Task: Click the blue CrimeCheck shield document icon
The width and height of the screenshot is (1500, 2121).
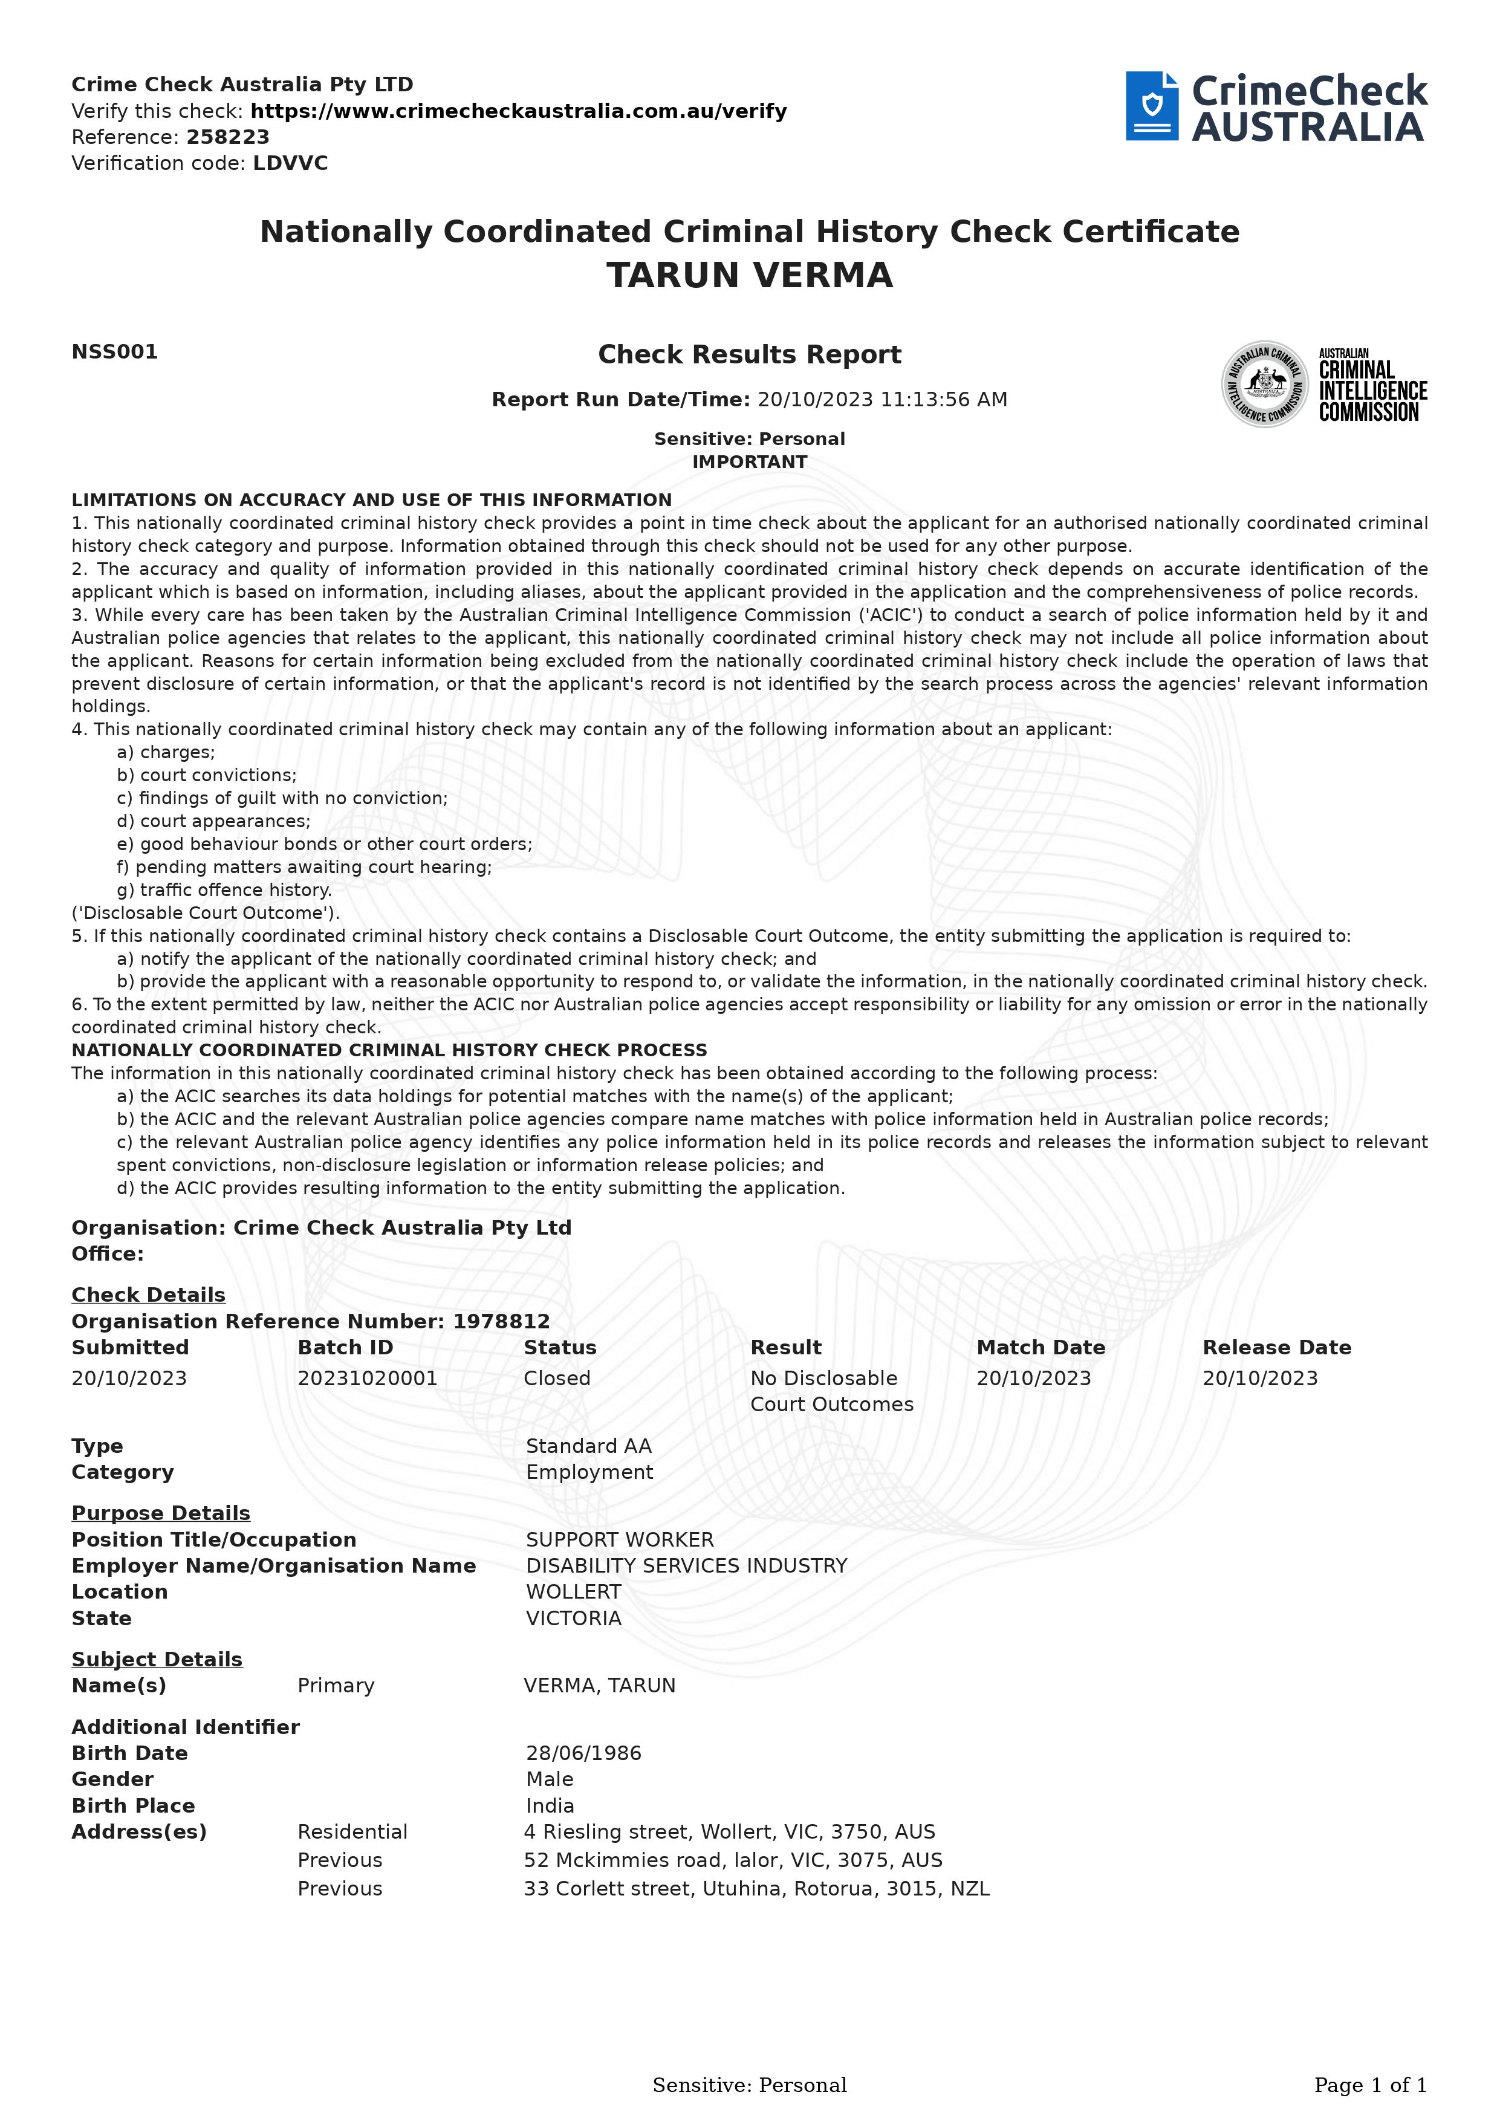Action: [x=1151, y=106]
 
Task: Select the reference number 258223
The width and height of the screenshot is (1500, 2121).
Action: [x=227, y=138]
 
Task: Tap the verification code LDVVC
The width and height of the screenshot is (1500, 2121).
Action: [x=290, y=163]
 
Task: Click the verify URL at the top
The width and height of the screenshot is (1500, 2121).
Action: [x=518, y=112]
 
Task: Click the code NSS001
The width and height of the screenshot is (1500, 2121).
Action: [x=114, y=352]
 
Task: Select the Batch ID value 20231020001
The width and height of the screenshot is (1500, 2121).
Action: [x=367, y=1379]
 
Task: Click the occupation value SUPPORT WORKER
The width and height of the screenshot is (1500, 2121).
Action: [x=619, y=1540]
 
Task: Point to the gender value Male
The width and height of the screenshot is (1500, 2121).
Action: [x=550, y=1779]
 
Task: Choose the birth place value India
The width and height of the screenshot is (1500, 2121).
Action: [x=550, y=1806]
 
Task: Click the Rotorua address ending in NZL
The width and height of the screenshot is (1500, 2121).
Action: [x=756, y=1889]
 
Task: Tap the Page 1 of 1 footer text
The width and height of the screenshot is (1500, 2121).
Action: [x=1370, y=2085]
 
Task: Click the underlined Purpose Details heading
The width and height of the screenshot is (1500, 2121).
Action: [x=161, y=1513]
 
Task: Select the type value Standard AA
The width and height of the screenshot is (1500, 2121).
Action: [x=588, y=1447]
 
